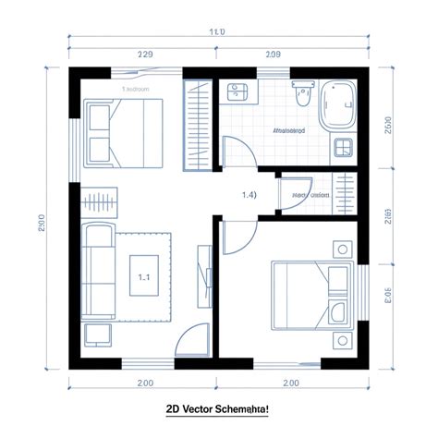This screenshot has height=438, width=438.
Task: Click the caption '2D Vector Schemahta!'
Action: pyautogui.click(x=218, y=409)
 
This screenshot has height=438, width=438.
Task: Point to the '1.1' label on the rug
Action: pyautogui.click(x=143, y=275)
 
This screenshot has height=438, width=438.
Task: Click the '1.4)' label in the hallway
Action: pyautogui.click(x=249, y=195)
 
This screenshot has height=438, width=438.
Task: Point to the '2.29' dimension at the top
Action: pyautogui.click(x=144, y=55)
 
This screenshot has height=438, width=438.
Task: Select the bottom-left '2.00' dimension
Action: pyautogui.click(x=145, y=383)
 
